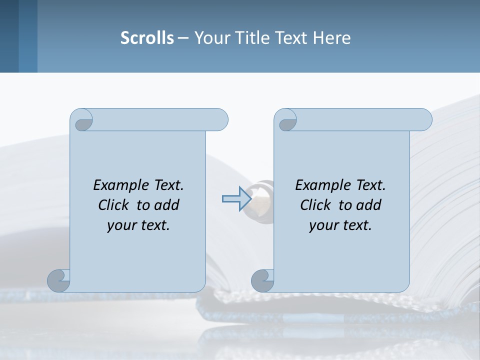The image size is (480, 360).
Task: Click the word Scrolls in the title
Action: click(147, 38)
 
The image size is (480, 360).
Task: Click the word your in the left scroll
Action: click(122, 225)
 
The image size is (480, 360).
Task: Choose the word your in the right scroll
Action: click(324, 225)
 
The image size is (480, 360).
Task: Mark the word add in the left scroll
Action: click(166, 205)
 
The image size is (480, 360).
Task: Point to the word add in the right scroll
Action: click(368, 205)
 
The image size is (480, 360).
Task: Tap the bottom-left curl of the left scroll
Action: click(58, 280)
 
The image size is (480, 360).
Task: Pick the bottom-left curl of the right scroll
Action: click(262, 280)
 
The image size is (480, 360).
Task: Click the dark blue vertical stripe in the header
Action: click(27, 36)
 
